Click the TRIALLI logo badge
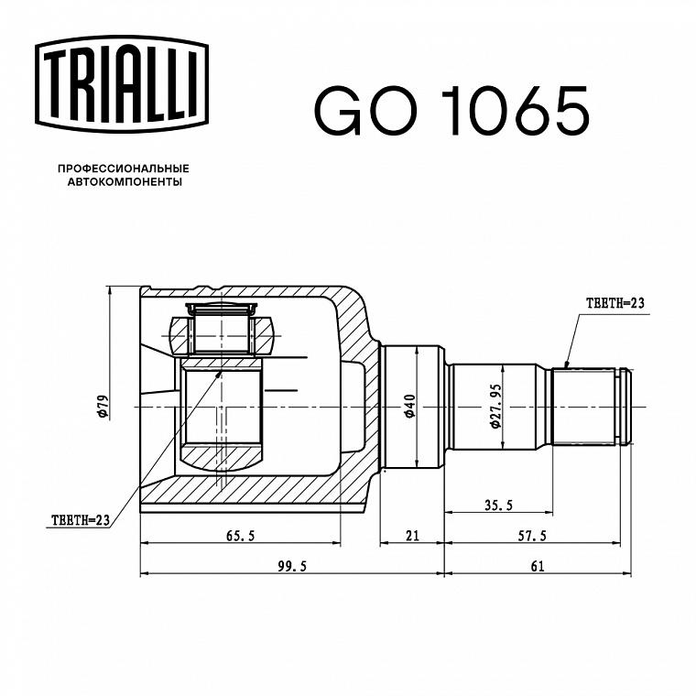(x=122, y=84)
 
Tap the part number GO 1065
(x=451, y=111)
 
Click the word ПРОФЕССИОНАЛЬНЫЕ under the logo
(x=124, y=169)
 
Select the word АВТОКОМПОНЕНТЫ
(x=125, y=182)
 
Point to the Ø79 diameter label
(x=103, y=407)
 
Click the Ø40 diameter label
(x=409, y=406)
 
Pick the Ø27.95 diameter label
(x=495, y=406)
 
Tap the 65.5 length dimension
(x=241, y=536)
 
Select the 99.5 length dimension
(x=292, y=566)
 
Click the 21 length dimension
(x=412, y=536)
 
